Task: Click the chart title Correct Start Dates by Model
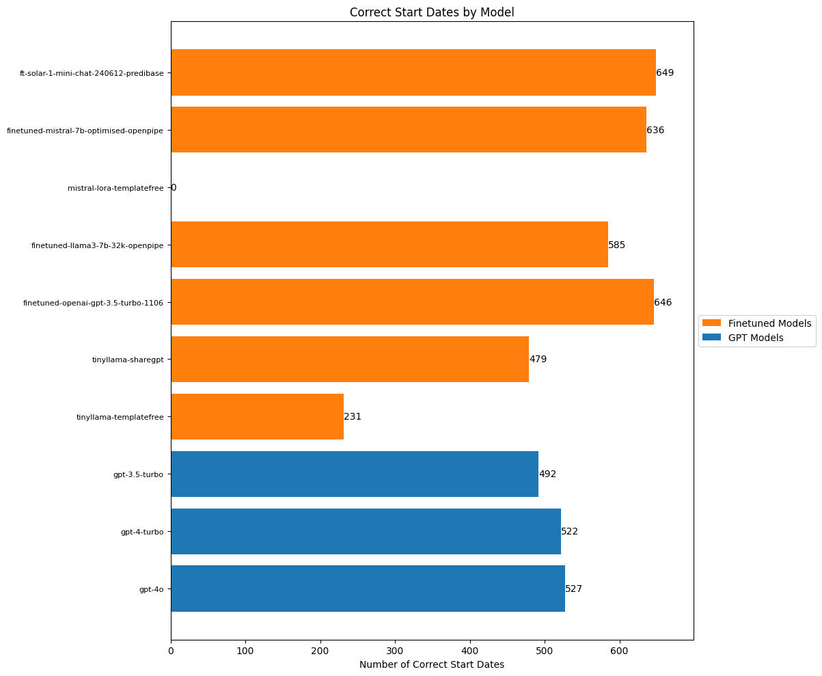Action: coord(431,12)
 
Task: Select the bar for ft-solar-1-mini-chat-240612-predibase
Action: coord(413,72)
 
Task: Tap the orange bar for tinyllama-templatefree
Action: coord(257,416)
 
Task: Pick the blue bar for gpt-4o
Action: coord(368,589)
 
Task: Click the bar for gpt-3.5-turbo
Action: coord(354,474)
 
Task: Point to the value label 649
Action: coord(665,72)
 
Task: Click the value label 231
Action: coord(353,416)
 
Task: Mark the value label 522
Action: coord(570,531)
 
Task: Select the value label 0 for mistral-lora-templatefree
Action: coord(174,187)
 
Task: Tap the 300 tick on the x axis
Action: coord(396,651)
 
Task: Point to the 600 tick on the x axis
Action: coord(620,651)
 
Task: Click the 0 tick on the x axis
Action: coord(171,651)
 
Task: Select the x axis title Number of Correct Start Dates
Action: coord(431,664)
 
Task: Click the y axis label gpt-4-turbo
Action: coord(142,532)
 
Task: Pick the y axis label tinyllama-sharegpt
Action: coord(128,360)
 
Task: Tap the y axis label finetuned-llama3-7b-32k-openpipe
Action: coord(97,245)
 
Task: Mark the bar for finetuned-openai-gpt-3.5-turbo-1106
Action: coord(412,301)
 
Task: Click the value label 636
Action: coord(655,130)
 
